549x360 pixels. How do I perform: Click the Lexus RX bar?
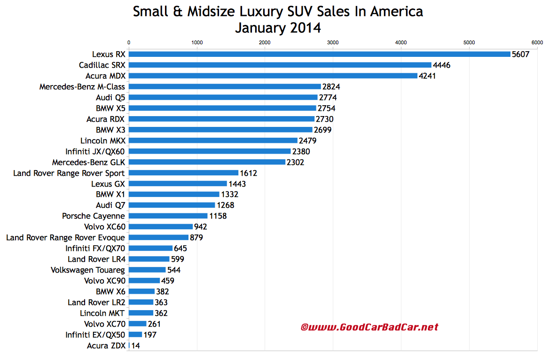320,54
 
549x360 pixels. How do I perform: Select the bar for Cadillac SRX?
280,65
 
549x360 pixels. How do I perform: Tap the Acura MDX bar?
273,76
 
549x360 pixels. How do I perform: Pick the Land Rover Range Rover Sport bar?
184,173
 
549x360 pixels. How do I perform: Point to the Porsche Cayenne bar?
168,216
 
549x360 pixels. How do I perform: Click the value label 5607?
521,55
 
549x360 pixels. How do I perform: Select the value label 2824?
331,86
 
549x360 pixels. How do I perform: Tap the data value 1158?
218,216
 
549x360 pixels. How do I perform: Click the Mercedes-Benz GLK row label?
88,162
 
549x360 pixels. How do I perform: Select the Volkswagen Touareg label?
88,270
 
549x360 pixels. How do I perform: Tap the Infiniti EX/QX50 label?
95,335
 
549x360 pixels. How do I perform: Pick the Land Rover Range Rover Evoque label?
65,238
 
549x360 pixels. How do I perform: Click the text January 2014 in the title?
278,28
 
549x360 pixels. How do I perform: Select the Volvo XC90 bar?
144,281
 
